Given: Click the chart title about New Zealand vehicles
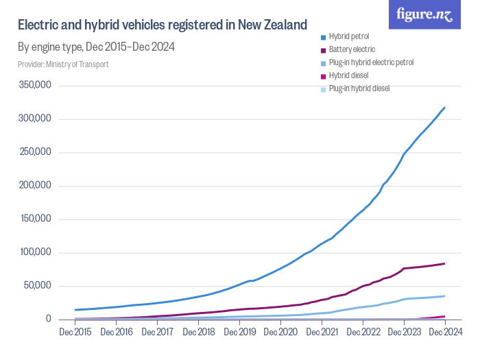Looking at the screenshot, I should (162, 25).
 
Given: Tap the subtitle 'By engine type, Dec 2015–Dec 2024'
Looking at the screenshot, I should (96, 47).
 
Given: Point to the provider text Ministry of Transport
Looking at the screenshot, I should (63, 64).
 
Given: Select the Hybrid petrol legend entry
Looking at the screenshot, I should (349, 36).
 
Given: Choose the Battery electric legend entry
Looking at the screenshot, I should (352, 49).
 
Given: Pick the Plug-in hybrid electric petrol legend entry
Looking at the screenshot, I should (370, 62).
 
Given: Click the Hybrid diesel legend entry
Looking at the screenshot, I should (348, 75).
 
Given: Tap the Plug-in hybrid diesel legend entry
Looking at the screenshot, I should (359, 88).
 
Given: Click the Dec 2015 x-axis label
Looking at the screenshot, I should (75, 333).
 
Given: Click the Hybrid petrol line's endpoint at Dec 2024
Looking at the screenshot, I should (445, 108).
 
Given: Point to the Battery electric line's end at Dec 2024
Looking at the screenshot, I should (445, 263).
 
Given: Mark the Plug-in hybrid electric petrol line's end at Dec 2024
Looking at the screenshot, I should (445, 296).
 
